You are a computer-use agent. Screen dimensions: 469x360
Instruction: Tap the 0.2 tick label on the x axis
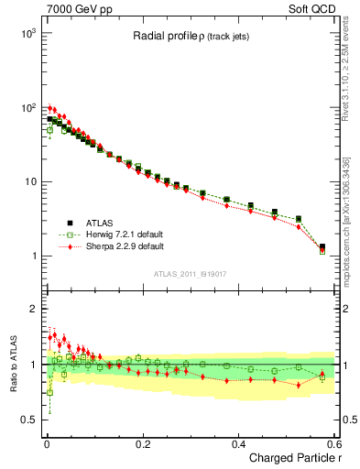coord(143,443)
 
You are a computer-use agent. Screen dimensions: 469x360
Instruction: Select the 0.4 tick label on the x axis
coord(238,443)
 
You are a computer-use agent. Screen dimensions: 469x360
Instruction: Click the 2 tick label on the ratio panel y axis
coord(32,309)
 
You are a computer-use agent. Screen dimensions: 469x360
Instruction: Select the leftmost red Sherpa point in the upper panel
coord(50,108)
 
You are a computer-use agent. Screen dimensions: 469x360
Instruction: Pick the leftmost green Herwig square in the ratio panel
coord(49,392)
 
